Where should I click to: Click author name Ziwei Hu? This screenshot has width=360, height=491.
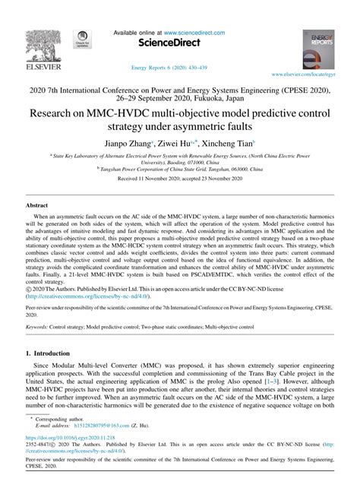coord(186,144)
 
